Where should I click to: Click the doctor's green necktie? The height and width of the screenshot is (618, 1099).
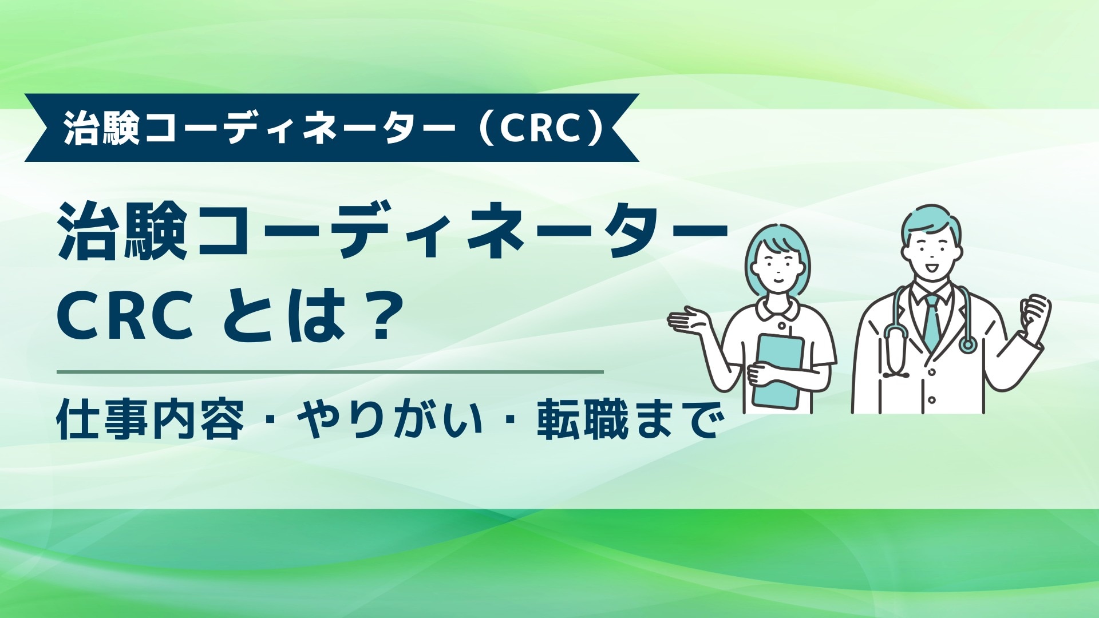click(932, 323)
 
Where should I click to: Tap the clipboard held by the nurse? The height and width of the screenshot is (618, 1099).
click(778, 369)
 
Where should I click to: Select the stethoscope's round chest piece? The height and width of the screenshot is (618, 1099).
click(968, 344)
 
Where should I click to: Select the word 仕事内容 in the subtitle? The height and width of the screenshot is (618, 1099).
click(150, 420)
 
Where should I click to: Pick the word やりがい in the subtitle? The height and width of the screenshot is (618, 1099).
click(390, 420)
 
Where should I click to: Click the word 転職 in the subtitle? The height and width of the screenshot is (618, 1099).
click(582, 420)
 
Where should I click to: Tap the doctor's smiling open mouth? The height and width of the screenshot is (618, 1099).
click(932, 267)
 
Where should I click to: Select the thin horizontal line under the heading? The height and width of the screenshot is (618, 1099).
click(330, 372)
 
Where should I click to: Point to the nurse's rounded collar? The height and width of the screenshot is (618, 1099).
click(777, 309)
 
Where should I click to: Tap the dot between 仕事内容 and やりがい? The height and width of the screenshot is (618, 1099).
click(270, 421)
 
